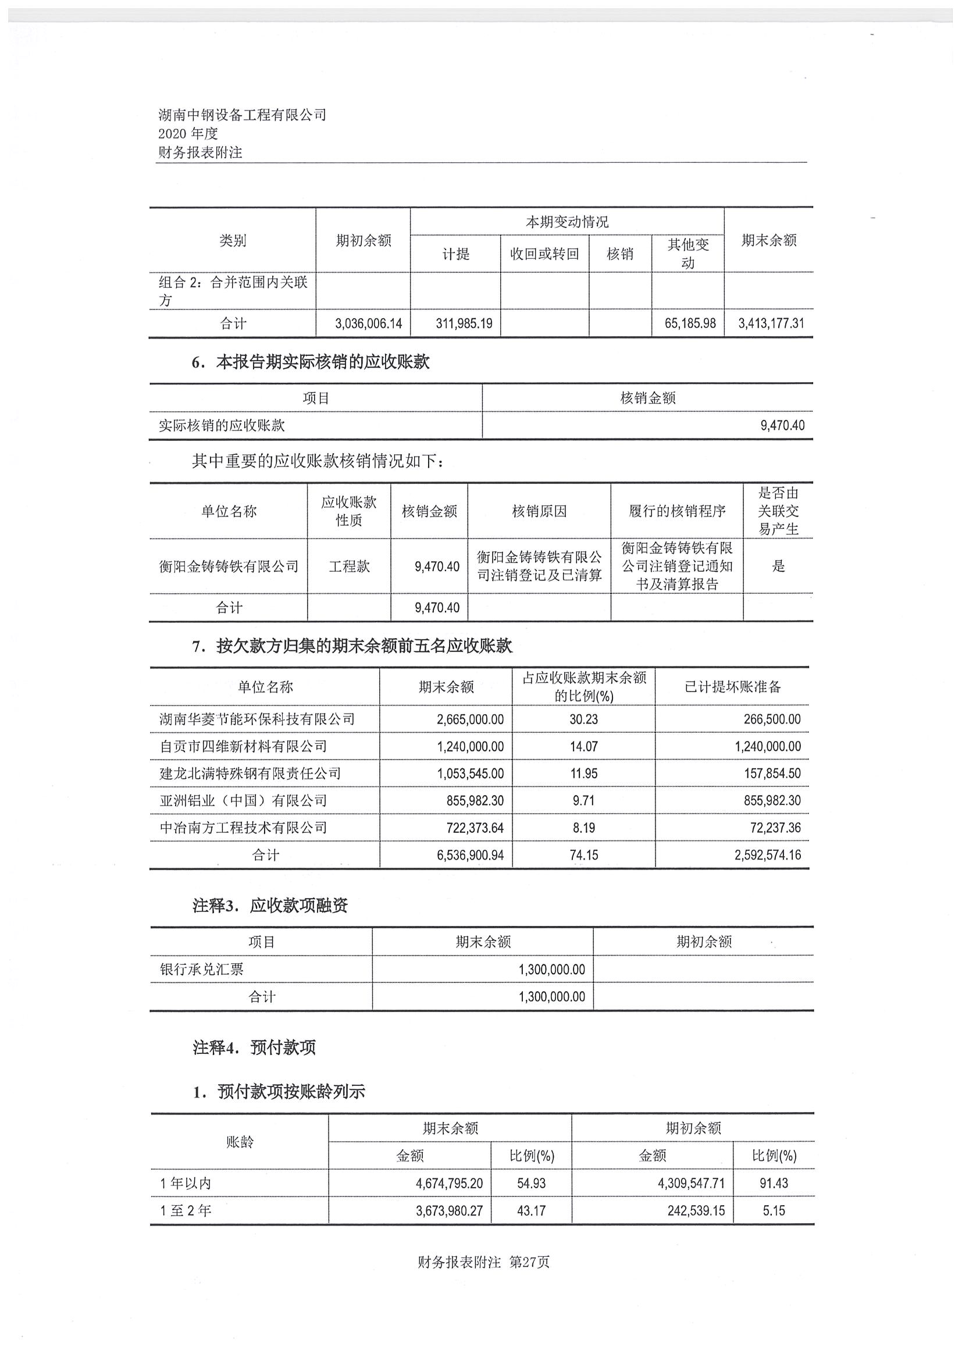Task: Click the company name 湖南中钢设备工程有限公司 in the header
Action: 243,115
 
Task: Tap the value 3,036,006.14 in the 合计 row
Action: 368,323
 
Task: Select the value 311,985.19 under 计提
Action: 464,323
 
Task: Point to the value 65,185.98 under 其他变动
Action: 690,323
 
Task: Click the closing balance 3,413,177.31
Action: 771,323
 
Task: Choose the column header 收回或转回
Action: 544,254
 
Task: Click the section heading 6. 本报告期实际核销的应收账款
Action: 311,362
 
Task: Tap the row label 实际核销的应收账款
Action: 222,425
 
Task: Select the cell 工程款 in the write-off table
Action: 349,566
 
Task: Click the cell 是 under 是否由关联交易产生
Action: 778,566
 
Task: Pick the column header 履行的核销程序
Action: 677,511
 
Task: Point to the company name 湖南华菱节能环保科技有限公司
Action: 257,719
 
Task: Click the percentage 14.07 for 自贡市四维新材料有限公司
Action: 584,746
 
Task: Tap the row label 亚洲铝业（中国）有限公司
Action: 243,801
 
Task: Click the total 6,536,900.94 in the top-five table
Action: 470,855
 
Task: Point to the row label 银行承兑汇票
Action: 201,969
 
